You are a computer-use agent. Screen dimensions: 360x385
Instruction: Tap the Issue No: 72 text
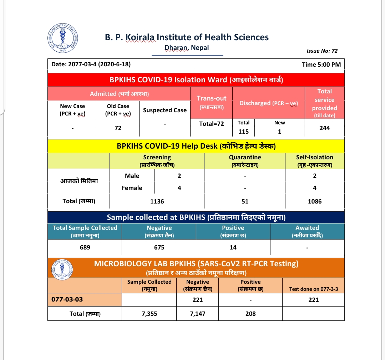point(322,51)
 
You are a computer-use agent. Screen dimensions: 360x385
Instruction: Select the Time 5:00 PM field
point(321,65)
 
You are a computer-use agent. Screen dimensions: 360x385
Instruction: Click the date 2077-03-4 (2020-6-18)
point(91,65)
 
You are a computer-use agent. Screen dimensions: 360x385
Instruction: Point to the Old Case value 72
point(118,128)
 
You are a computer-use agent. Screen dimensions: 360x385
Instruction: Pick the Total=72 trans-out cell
point(211,124)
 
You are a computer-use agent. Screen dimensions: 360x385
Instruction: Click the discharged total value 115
point(243,131)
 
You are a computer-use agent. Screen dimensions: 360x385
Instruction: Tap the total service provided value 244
point(324,128)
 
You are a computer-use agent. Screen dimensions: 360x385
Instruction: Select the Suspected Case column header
point(165,110)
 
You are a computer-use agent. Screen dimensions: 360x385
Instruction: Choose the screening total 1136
point(157,201)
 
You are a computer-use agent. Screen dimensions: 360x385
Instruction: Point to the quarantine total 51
point(245,201)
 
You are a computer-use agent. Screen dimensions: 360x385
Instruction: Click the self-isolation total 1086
point(315,201)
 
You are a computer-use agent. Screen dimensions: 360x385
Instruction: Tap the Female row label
point(132,188)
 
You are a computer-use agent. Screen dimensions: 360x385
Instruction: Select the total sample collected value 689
point(85,247)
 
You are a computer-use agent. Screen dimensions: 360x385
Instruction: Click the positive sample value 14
point(233,247)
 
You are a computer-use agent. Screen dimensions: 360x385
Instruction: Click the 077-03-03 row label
point(67,299)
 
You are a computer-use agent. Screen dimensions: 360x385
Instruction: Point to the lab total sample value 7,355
point(149,314)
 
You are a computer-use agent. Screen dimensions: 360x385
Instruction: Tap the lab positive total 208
point(250,314)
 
